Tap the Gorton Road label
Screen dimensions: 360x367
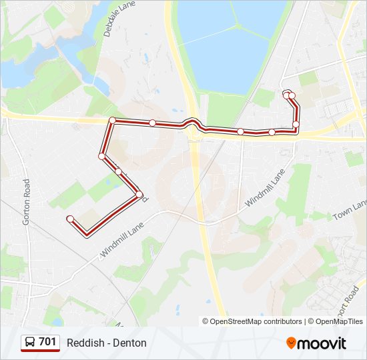[27, 201]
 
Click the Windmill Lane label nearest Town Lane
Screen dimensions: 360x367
[265, 187]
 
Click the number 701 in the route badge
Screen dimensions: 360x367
[47, 342]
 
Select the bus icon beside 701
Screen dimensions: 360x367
[30, 343]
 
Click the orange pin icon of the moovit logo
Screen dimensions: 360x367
[292, 343]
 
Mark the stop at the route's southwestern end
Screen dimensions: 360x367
[69, 218]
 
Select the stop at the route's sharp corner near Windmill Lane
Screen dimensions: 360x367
[139, 195]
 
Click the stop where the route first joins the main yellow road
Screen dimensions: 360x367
[112, 121]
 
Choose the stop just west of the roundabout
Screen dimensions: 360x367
[153, 123]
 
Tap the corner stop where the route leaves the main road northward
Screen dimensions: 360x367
[296, 124]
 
